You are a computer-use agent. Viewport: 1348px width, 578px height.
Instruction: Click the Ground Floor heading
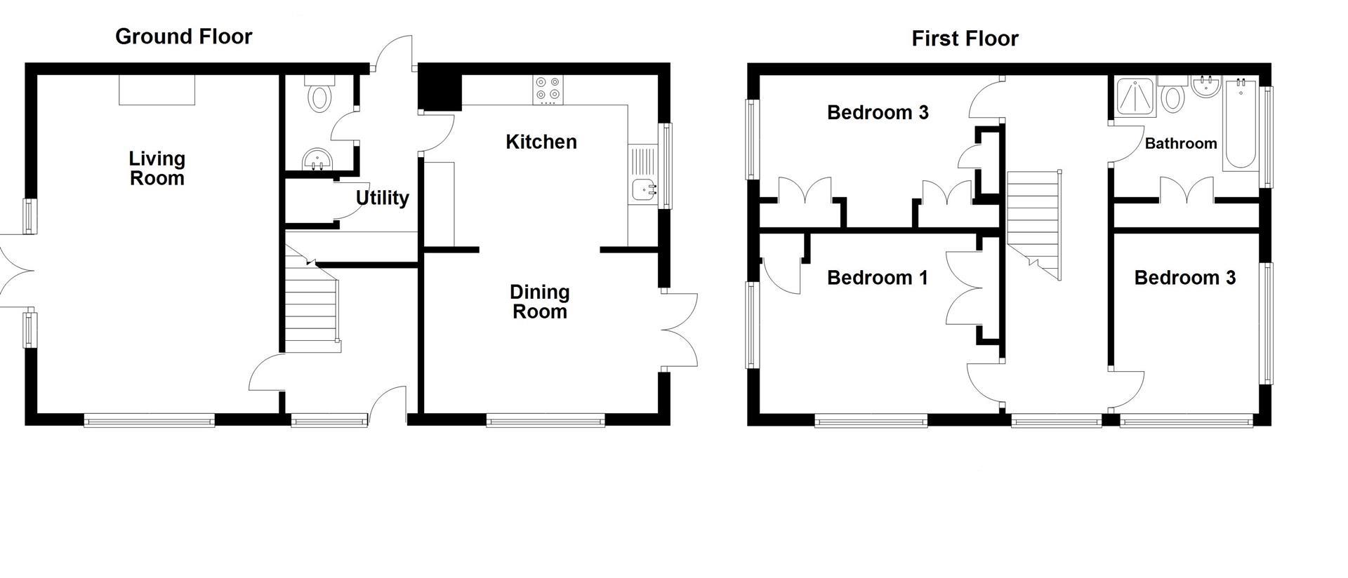[x=183, y=36]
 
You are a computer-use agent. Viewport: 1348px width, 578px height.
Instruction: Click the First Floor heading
[x=965, y=39]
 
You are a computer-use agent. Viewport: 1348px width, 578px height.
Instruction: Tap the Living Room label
[x=157, y=168]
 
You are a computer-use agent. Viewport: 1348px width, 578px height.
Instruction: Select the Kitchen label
[x=541, y=142]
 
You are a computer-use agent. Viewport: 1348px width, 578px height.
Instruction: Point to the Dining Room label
[x=539, y=302]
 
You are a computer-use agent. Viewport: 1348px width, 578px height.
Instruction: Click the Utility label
[x=382, y=198]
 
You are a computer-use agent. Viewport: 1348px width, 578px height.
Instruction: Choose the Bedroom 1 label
[x=877, y=278]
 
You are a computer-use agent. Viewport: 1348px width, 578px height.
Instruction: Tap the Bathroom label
[x=1180, y=144]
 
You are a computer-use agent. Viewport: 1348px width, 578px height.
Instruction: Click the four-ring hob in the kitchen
[x=548, y=89]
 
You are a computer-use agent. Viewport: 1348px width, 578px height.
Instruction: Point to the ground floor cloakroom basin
[x=318, y=160]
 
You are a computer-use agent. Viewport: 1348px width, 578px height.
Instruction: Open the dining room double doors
[x=678, y=330]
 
